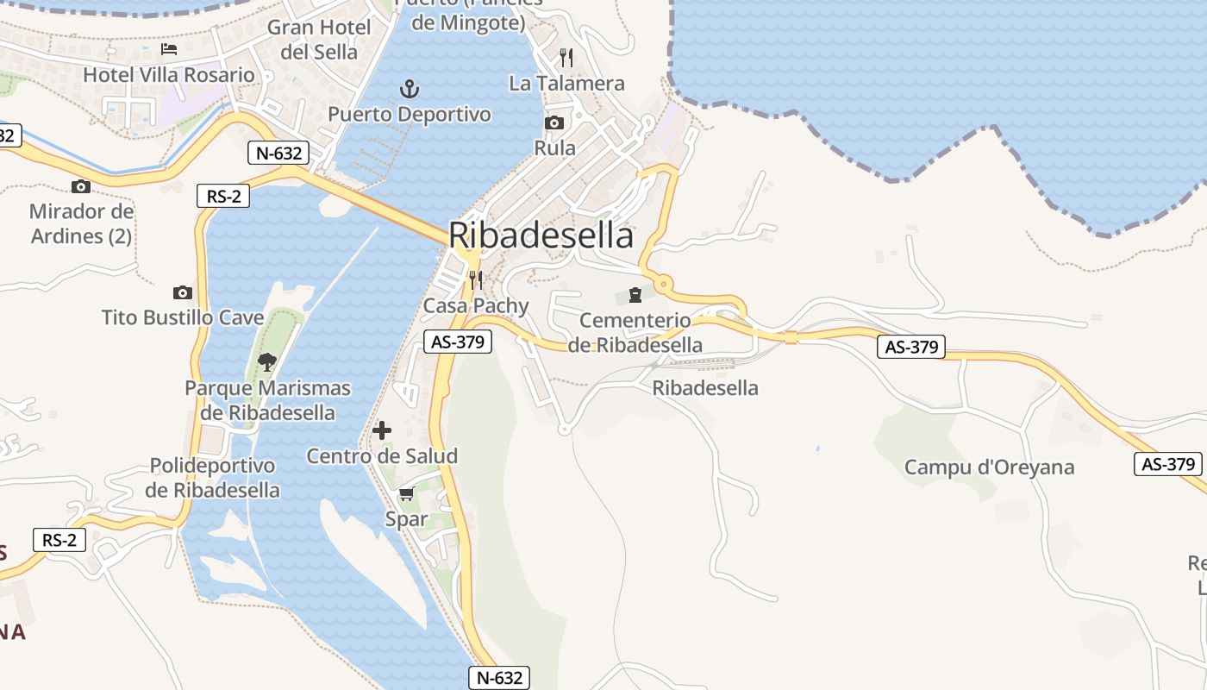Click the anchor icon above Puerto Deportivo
click(x=410, y=88)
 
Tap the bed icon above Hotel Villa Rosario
click(x=169, y=49)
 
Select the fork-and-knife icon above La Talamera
click(x=566, y=58)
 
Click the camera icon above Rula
click(x=554, y=122)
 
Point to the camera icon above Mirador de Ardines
click(x=81, y=186)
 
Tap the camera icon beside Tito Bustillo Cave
click(x=182, y=292)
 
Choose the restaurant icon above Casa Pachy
click(x=474, y=279)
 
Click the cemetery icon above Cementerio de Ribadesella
click(x=635, y=295)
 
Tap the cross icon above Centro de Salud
click(x=382, y=430)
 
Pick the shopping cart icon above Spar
click(x=406, y=494)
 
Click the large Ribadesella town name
click(x=541, y=235)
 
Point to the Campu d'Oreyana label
click(x=989, y=467)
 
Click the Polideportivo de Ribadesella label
click(x=212, y=478)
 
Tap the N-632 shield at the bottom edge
click(x=499, y=678)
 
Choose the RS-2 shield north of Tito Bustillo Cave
click(x=223, y=196)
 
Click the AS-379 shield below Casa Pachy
click(x=459, y=342)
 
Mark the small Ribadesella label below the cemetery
click(x=705, y=388)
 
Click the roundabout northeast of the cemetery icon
click(x=662, y=283)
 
